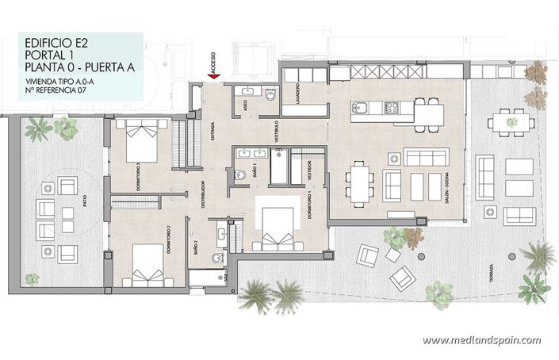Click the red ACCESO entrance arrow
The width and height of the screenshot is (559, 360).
tap(213, 75)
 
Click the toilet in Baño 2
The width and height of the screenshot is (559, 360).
tap(216, 259)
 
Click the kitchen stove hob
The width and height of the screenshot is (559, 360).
tap(391, 108)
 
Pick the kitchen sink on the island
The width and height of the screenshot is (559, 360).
tap(358, 107)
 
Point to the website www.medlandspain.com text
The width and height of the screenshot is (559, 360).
tap(481, 340)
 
